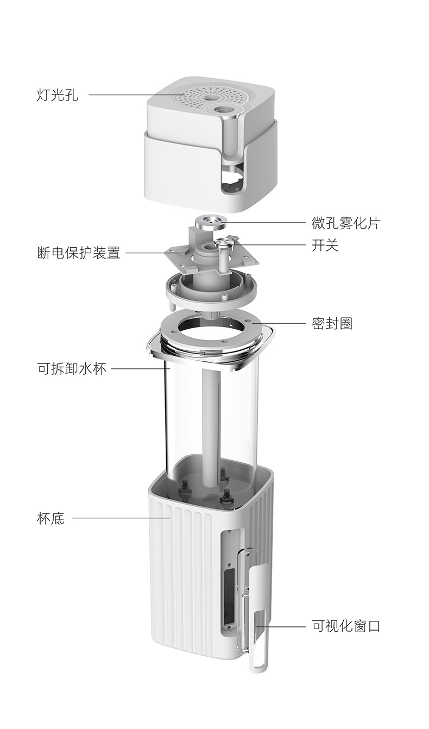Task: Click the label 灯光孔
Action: [x=57, y=95]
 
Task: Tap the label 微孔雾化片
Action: [x=345, y=223]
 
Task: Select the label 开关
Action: [x=325, y=245]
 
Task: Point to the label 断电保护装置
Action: [x=79, y=253]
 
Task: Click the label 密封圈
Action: [x=332, y=324]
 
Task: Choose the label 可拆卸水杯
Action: [x=72, y=369]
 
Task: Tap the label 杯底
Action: [x=51, y=518]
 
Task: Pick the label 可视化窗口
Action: [x=346, y=626]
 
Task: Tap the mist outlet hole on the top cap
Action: [x=223, y=110]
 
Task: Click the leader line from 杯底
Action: [x=121, y=518]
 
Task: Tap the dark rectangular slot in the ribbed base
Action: [x=229, y=593]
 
